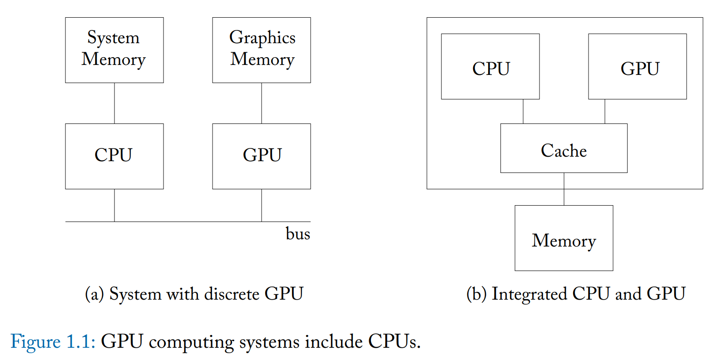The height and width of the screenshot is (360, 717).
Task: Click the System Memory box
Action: coord(114,50)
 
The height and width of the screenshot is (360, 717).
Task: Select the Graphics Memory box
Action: coord(261,50)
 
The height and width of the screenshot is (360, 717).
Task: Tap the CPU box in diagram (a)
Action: coord(114,156)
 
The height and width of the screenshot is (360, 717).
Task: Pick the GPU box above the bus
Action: coord(261,156)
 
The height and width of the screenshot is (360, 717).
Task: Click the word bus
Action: coord(297,234)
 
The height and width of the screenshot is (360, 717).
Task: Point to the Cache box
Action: coord(564,148)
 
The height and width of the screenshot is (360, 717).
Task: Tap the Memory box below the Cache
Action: coord(564,238)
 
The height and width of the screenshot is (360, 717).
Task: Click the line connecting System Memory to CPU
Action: coord(114,103)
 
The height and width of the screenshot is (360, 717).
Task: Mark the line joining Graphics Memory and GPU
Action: coord(262,103)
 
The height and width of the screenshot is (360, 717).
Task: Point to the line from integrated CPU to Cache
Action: coord(523,111)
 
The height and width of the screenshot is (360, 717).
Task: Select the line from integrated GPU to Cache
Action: coord(605,111)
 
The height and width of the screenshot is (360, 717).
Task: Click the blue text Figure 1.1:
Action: coord(53,341)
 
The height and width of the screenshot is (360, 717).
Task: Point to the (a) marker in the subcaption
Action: coord(94,294)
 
